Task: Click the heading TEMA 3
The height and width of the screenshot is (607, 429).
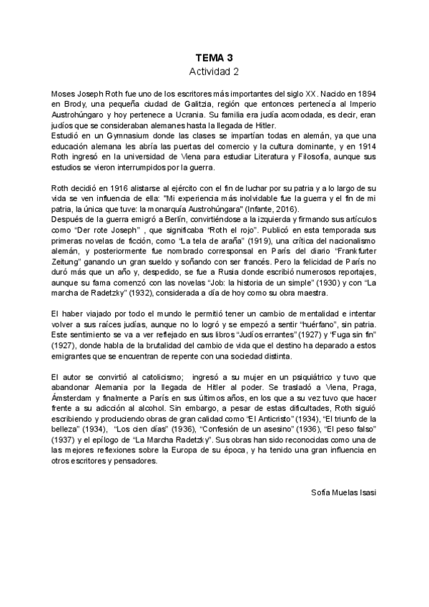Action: [x=214, y=57]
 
